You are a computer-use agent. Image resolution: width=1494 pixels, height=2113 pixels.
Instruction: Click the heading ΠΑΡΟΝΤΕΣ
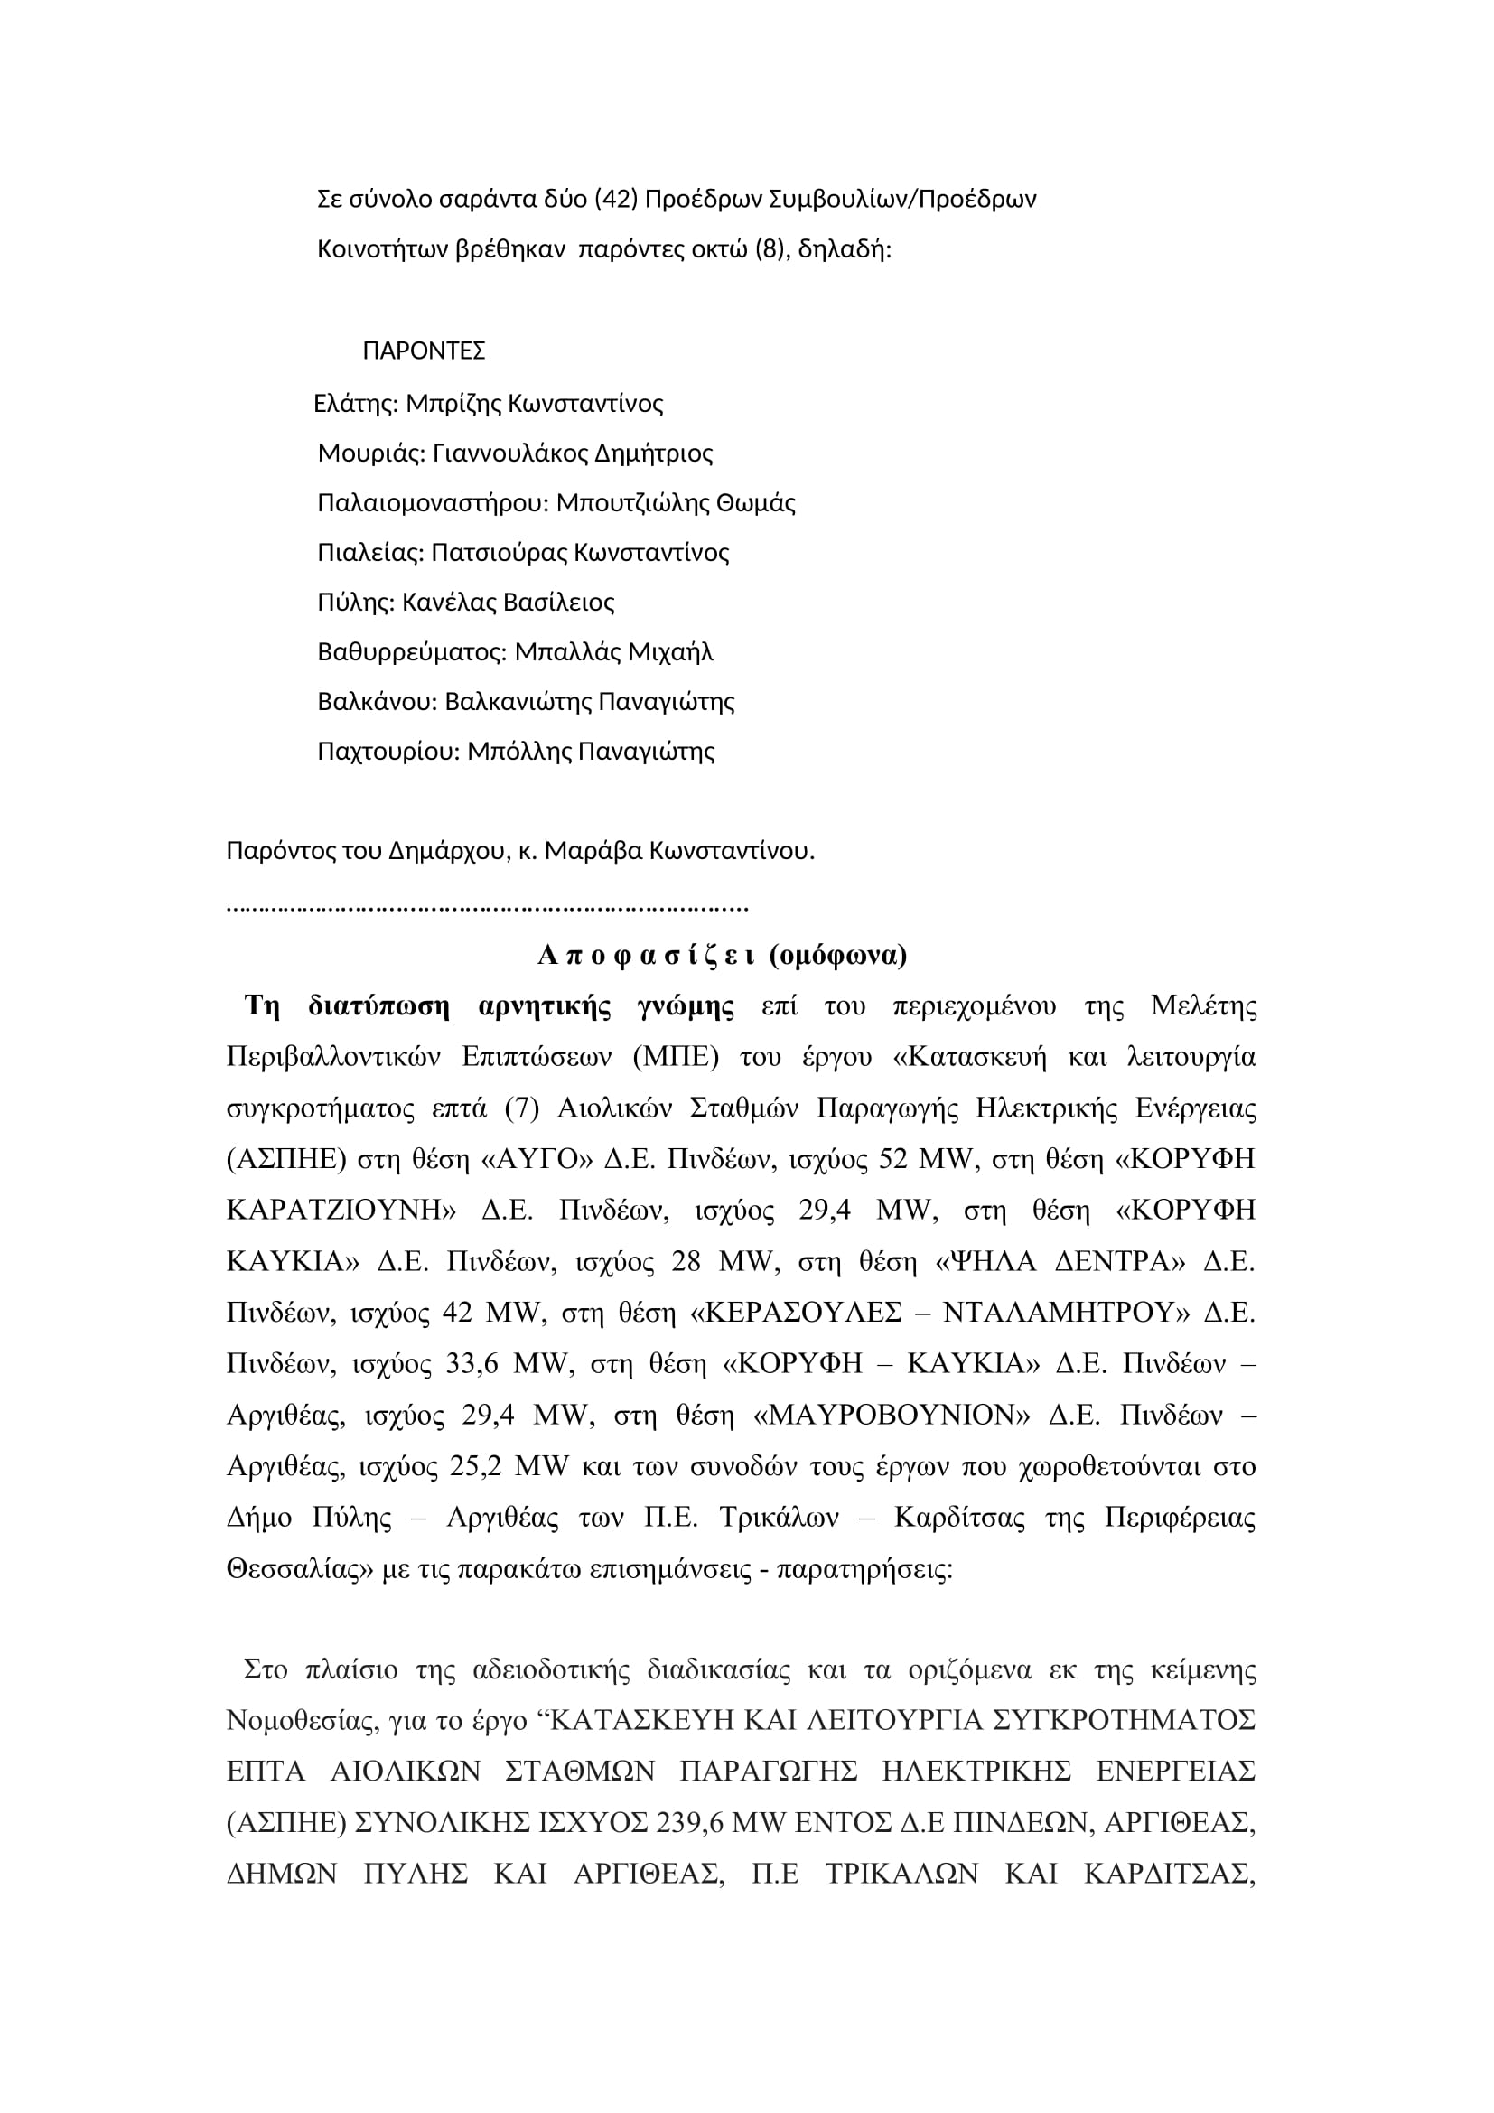point(425,351)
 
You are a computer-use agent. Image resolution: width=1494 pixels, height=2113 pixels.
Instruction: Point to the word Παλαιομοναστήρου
point(434,502)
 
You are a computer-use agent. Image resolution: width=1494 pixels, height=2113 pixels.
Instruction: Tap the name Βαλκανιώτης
point(518,701)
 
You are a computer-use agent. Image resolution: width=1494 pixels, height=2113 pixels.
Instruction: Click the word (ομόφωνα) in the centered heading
point(838,955)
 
